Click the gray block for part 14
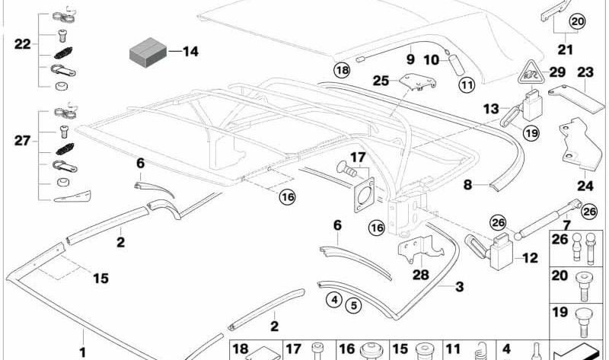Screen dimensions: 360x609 click(x=146, y=53)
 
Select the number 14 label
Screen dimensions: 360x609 click(x=190, y=52)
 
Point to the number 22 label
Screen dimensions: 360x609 click(x=22, y=44)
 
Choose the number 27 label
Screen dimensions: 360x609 click(x=22, y=141)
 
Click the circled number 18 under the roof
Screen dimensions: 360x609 click(x=342, y=70)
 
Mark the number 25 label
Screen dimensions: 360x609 click(x=381, y=80)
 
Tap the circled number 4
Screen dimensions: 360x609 click(x=333, y=299)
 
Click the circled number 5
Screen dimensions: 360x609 click(x=352, y=306)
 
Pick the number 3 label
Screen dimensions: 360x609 click(x=459, y=287)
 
